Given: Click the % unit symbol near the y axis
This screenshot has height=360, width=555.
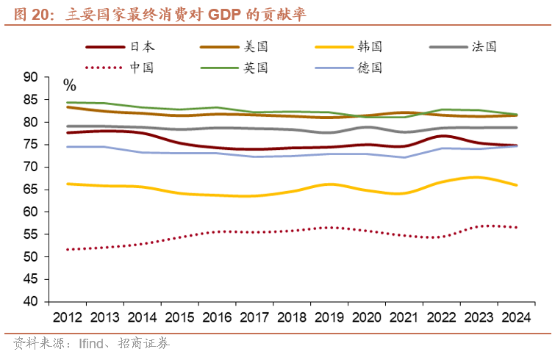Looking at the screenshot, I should coord(69,85).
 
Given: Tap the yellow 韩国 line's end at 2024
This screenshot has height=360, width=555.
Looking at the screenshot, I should coord(517,185).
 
